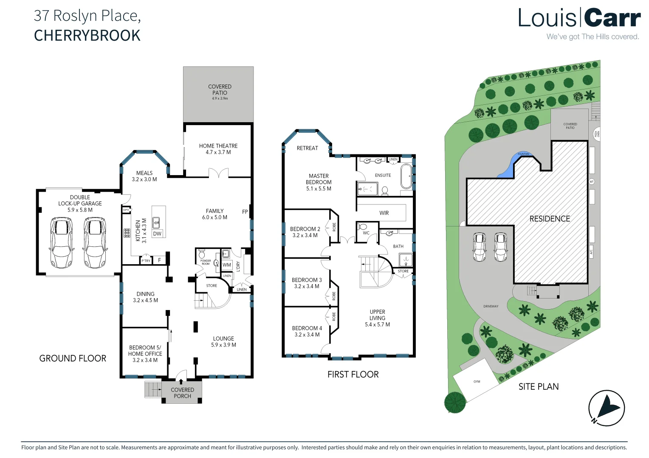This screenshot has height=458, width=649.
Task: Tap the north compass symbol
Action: (606, 408)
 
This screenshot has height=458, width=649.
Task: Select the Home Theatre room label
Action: (218, 146)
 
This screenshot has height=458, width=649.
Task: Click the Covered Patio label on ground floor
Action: (220, 89)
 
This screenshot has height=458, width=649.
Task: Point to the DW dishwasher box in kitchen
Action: (157, 234)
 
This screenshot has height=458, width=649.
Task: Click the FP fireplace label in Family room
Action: (245, 212)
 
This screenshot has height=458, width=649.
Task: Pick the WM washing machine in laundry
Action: (227, 265)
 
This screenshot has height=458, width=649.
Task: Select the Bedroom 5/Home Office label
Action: (145, 351)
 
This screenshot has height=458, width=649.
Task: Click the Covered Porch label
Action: (182, 393)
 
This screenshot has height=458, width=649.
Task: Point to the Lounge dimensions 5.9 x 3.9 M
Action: (223, 345)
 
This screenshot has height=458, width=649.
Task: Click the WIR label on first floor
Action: (384, 213)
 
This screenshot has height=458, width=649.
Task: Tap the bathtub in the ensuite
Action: (406, 176)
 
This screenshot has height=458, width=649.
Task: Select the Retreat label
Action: (307, 148)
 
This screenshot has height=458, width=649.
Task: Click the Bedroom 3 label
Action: (307, 280)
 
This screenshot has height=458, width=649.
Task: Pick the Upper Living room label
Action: (377, 315)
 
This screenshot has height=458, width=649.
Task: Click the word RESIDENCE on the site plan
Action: (550, 219)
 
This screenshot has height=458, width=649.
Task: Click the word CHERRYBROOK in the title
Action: (87, 36)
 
